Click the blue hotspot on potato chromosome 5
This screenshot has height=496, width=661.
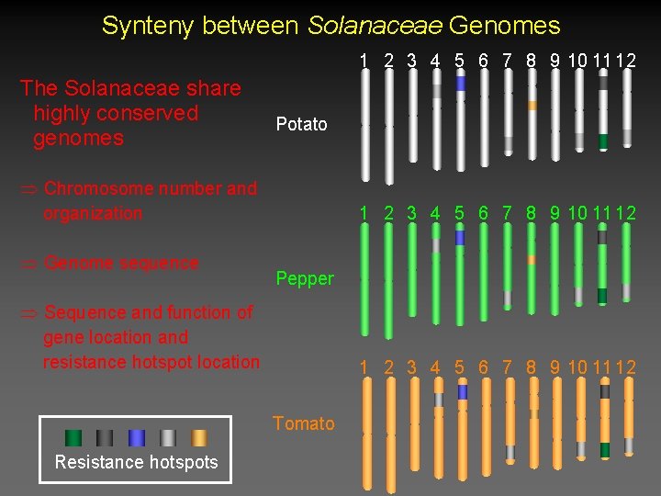tap(461, 84)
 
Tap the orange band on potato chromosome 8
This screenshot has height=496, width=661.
tap(532, 106)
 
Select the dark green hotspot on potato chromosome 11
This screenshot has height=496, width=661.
tap(603, 142)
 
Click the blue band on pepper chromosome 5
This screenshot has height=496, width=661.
tap(461, 238)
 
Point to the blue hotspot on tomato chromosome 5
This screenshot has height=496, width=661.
tap(463, 393)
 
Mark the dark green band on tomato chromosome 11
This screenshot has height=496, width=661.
tap(605, 450)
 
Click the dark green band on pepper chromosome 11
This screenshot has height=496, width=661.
tap(602, 296)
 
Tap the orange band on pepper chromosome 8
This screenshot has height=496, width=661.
tap(532, 260)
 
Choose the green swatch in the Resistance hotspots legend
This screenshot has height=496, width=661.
tap(73, 438)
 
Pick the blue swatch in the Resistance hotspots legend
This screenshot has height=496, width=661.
tap(137, 438)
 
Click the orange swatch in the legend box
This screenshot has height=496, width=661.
tap(198, 438)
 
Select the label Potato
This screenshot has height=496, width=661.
tap(301, 124)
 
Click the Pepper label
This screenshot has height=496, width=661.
tap(305, 278)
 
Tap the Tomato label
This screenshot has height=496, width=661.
tap(304, 423)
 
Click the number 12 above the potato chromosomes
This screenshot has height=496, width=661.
tap(626, 61)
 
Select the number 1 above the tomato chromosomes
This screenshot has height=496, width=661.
tap(364, 367)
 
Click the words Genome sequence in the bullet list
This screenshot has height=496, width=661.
tap(121, 263)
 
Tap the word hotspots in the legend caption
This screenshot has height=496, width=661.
tap(184, 462)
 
